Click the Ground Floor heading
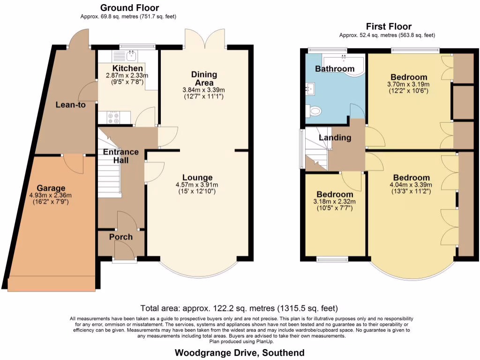point(129,7)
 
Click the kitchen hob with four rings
point(113,117)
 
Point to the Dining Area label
point(204,78)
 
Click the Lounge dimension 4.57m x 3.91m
point(197,185)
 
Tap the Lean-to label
point(70,105)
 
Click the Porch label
point(120,237)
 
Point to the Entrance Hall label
point(120,156)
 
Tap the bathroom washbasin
point(310,88)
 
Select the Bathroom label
point(335,69)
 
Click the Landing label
point(335,138)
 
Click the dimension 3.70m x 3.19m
point(408,85)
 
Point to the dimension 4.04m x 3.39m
point(411,185)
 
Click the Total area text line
point(239,308)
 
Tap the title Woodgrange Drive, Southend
point(240,352)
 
